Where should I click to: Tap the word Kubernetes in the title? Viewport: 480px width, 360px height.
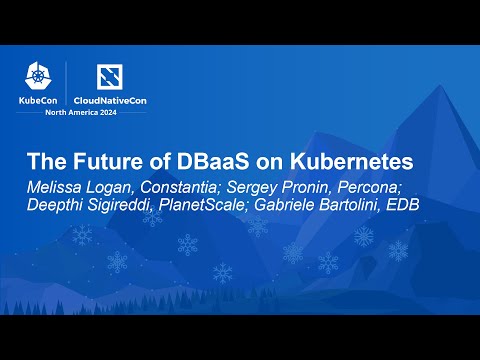[343, 162]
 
